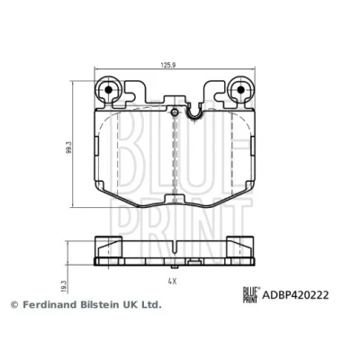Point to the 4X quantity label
172,281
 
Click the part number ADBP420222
295,295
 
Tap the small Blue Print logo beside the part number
251,295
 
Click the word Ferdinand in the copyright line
51,305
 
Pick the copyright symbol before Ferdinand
14,305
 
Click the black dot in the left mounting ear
108,89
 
